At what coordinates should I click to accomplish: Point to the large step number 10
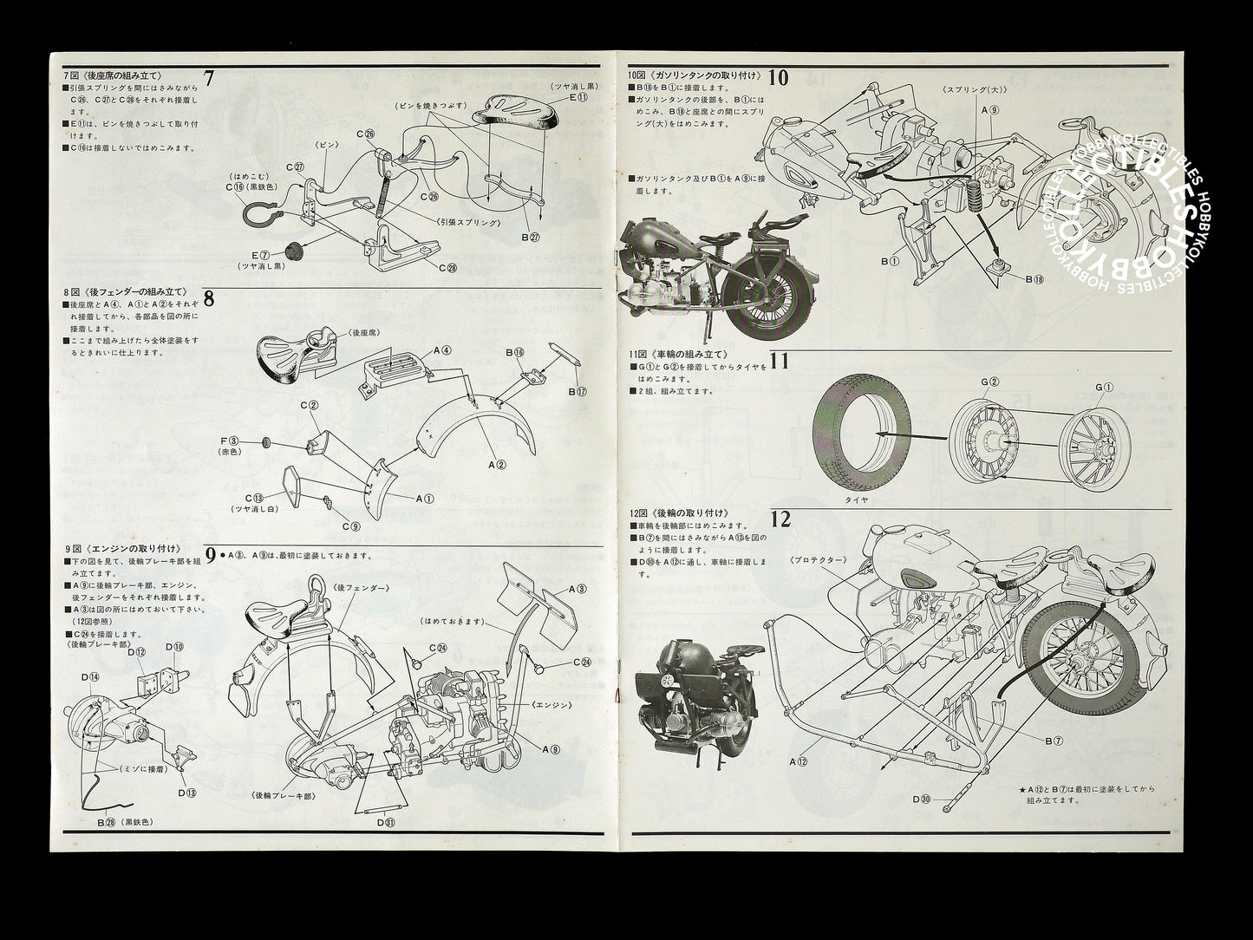778,77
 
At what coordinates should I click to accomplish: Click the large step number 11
779,360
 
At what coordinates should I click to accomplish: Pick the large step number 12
780,519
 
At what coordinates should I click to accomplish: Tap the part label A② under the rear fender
497,466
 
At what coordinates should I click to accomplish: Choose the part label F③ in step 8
233,442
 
